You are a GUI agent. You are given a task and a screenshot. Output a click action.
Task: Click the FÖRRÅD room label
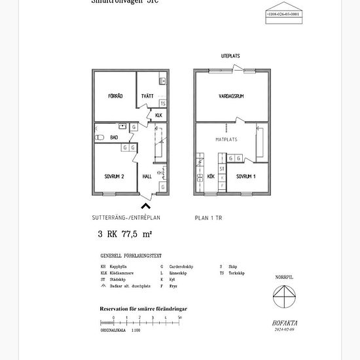pos(115,97)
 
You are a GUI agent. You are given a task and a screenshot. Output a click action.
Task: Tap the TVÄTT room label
pos(147,97)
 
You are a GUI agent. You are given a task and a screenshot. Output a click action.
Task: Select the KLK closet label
pos(158,116)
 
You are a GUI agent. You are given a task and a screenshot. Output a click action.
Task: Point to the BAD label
pos(114,137)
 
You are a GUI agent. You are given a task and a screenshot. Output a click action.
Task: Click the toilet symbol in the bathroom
pos(100,137)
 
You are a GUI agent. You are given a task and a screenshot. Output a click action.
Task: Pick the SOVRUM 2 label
pos(115,177)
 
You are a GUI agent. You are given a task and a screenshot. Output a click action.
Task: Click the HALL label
pos(147,177)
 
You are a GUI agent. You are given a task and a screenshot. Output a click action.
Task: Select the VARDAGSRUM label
pos(231,97)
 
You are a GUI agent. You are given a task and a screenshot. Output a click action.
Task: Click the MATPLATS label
pos(226,139)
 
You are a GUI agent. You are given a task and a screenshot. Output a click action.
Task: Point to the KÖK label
pos(211,177)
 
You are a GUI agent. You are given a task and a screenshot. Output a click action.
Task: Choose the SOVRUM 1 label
pos(246,177)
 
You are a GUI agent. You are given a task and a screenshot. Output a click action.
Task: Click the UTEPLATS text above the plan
pos(230,57)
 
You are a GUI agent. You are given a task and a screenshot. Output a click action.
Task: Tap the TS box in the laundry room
pos(162,103)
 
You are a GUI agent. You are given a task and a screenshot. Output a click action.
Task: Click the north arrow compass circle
pos(283,298)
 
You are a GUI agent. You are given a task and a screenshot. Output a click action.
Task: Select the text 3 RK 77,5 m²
pos(126,234)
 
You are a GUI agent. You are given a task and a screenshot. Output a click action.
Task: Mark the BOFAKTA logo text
pos(284,323)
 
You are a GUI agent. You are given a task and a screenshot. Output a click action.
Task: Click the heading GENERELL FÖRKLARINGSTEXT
pos(131,256)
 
